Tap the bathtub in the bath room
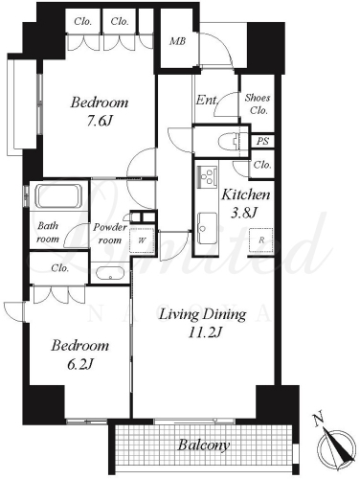[x=58, y=195]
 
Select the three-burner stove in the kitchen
[x=207, y=176]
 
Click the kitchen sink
[x=207, y=228]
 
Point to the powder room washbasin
[x=110, y=273]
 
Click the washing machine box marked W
[x=142, y=240]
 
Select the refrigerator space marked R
[x=261, y=240]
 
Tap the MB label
[x=177, y=41]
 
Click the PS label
[x=262, y=141]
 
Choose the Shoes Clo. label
[x=258, y=104]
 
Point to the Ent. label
[x=207, y=100]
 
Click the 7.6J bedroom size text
[x=101, y=121]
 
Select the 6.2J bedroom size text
[x=79, y=364]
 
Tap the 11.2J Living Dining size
[x=204, y=332]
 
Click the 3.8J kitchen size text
[x=244, y=213]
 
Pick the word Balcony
[x=204, y=445]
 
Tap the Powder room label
[x=110, y=234]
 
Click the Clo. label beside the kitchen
[x=262, y=165]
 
